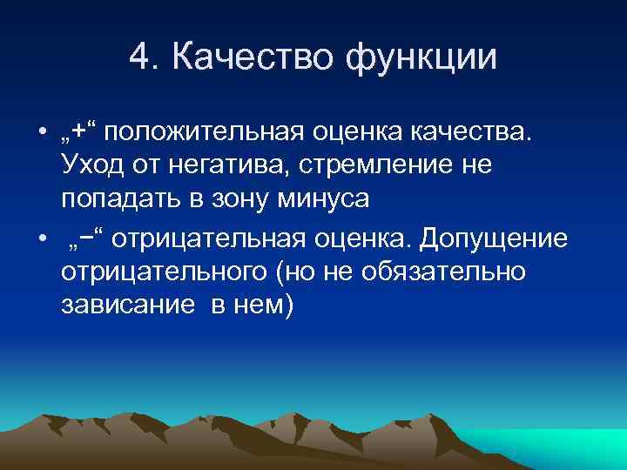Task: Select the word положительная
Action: click(x=207, y=131)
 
